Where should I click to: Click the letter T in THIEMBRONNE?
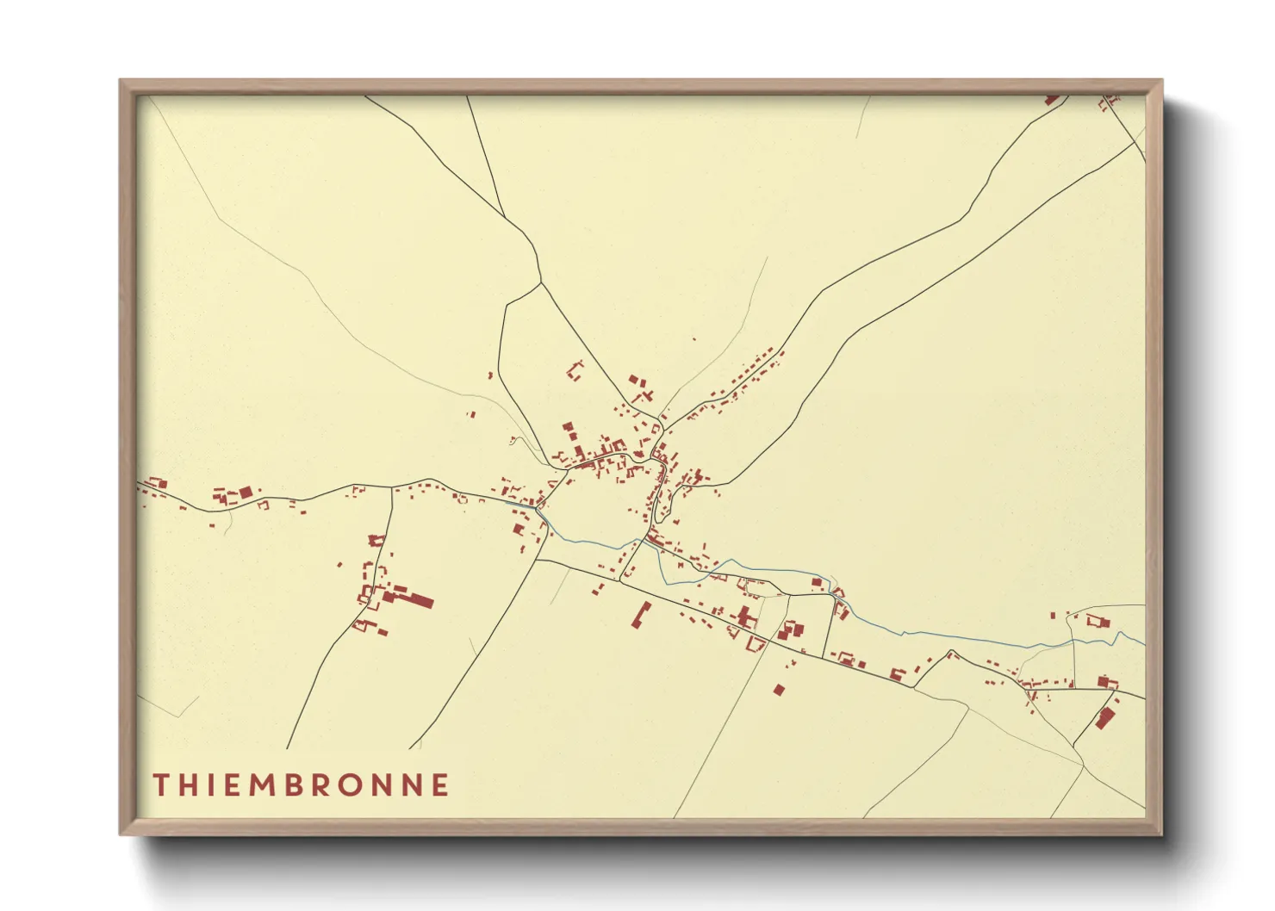[161, 784]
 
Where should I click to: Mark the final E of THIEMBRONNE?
[440, 784]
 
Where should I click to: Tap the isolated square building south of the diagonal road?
[779, 689]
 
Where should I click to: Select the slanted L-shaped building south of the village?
[640, 616]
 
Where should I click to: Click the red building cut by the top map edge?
[1052, 100]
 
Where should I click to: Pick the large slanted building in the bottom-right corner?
[1104, 717]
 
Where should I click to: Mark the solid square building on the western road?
[246, 493]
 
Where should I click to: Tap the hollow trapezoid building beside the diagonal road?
[756, 642]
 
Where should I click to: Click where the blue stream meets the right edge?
[1144, 642]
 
